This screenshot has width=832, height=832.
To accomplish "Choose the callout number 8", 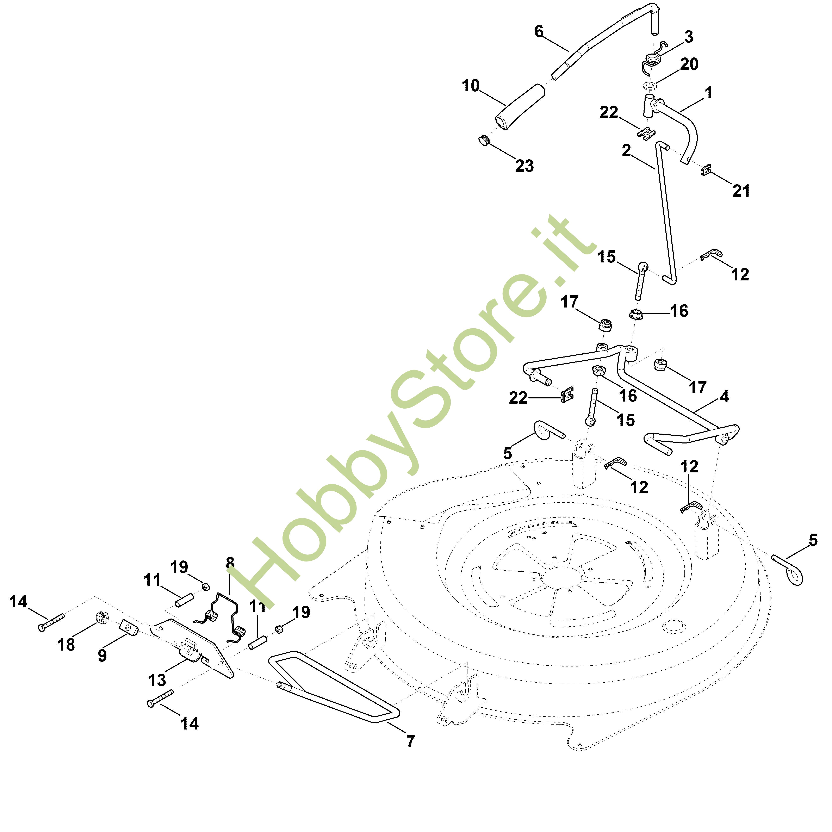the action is pos(230,563).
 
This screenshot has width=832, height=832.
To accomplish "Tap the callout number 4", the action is pos(725,396).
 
